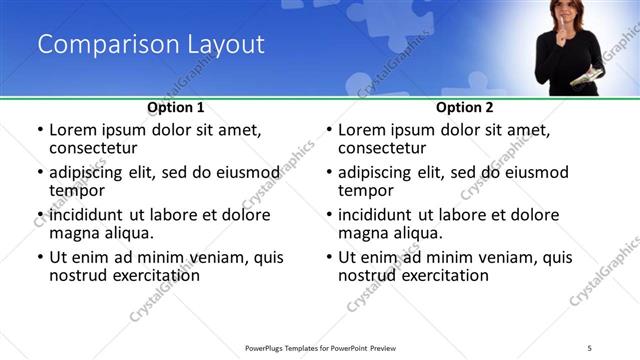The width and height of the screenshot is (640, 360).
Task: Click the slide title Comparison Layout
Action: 151,45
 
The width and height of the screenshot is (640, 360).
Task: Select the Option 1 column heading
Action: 176,106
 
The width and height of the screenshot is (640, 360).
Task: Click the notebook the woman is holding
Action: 588,76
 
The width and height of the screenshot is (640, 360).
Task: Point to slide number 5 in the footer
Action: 590,348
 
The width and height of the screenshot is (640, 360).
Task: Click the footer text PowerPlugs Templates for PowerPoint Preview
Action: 320,348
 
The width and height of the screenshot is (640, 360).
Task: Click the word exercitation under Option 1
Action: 152,275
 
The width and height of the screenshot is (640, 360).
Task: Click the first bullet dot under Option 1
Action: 39,131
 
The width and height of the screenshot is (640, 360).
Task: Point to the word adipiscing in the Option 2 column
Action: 381,172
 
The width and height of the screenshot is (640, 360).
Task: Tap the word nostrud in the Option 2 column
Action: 368,275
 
